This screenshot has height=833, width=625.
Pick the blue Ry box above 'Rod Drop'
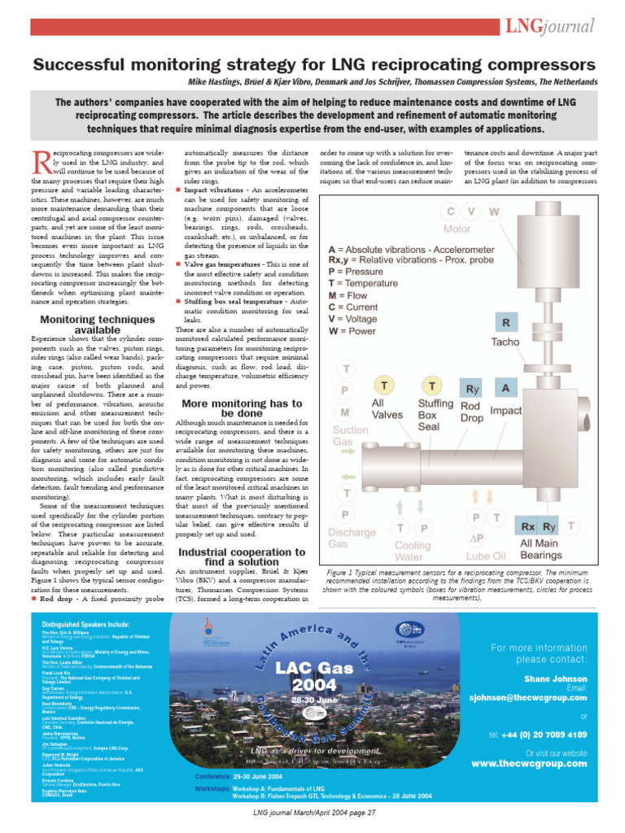[x=471, y=388]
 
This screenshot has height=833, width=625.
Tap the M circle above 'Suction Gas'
[x=347, y=412]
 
